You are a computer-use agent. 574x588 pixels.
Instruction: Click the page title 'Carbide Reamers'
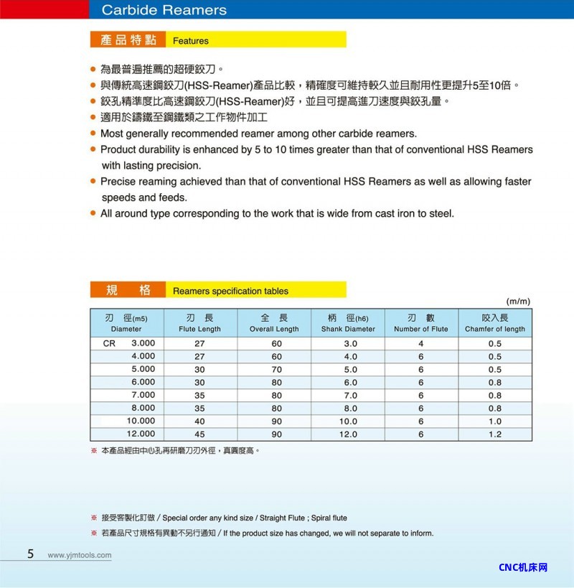click(x=164, y=10)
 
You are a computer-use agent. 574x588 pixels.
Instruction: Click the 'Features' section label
click(x=191, y=41)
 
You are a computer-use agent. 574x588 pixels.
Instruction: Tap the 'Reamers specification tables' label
click(x=230, y=291)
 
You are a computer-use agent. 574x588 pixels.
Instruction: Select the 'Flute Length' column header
click(x=199, y=329)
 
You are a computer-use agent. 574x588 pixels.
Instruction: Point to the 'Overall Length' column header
click(x=274, y=329)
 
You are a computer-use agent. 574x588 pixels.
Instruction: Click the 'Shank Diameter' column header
click(x=348, y=329)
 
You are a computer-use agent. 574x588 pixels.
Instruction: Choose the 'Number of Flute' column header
click(x=421, y=329)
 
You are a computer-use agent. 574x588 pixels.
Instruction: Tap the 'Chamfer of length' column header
click(x=495, y=329)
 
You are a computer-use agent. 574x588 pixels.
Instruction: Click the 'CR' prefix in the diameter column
click(x=109, y=343)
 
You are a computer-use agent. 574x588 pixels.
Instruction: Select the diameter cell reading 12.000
click(x=141, y=434)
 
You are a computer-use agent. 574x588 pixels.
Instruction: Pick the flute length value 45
click(x=199, y=434)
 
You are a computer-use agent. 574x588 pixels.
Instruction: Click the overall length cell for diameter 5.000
click(x=277, y=370)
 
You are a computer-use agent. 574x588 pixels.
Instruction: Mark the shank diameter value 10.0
click(x=348, y=421)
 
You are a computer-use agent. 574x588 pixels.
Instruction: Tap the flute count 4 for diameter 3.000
click(x=421, y=344)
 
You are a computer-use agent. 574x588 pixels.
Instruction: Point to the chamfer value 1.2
click(x=495, y=434)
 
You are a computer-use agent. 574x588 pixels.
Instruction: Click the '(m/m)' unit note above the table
click(x=518, y=301)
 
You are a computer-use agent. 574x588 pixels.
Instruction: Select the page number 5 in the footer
click(x=31, y=554)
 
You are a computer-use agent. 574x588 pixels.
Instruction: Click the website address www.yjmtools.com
click(x=80, y=555)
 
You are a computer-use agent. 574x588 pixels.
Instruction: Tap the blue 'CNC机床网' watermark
click(x=523, y=567)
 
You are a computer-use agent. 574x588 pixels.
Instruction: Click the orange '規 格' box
click(x=128, y=290)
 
